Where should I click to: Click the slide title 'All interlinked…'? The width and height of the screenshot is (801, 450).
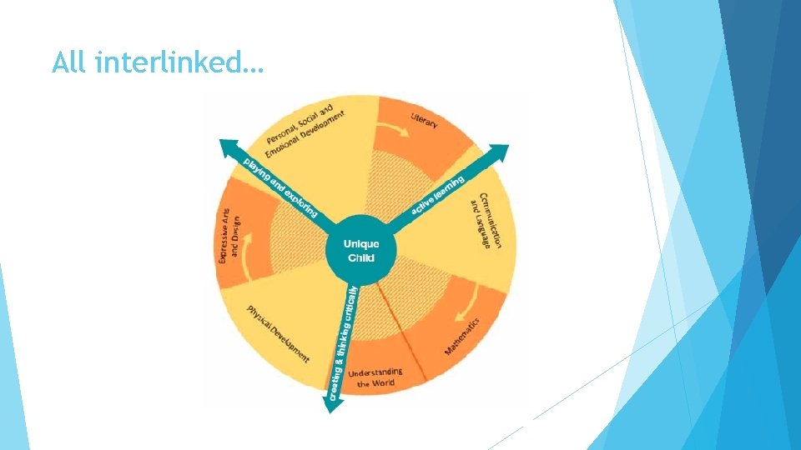157,62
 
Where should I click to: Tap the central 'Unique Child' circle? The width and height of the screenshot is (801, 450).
362,250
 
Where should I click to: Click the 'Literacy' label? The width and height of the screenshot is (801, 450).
424,120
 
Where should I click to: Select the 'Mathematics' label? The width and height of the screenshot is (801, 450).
461,336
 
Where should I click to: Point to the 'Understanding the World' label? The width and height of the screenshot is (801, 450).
375,377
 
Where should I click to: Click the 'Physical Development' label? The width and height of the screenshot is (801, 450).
278,334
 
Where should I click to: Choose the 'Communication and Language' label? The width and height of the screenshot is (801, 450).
487,221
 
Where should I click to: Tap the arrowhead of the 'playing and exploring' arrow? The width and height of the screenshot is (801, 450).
226,147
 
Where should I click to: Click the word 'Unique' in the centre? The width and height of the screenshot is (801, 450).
362,243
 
